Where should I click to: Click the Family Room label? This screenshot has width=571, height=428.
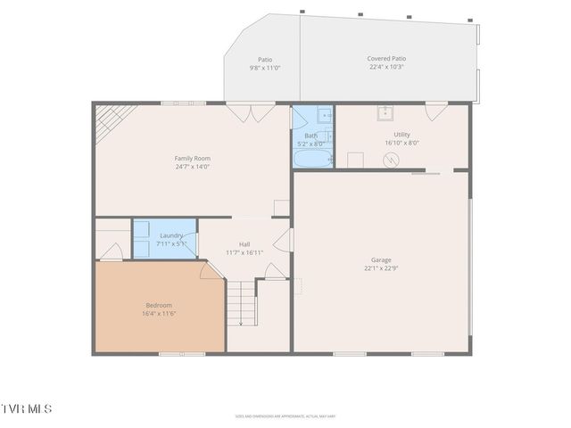tap(192, 158)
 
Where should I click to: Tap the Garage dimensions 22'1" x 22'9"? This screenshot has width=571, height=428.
tap(381, 268)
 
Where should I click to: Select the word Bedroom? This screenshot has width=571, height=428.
tap(159, 305)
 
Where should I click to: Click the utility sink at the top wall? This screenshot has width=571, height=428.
tap(385, 111)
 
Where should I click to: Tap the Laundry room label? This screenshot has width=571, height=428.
tap(171, 235)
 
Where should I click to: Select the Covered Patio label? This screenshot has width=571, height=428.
tap(386, 59)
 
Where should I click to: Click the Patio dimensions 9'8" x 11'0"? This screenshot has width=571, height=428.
tap(265, 68)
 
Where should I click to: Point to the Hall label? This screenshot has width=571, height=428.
tap(244, 244)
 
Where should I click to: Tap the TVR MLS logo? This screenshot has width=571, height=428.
tap(27, 408)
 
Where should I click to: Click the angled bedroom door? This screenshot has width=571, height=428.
tap(212, 272)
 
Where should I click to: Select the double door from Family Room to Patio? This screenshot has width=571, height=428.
tap(250, 112)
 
